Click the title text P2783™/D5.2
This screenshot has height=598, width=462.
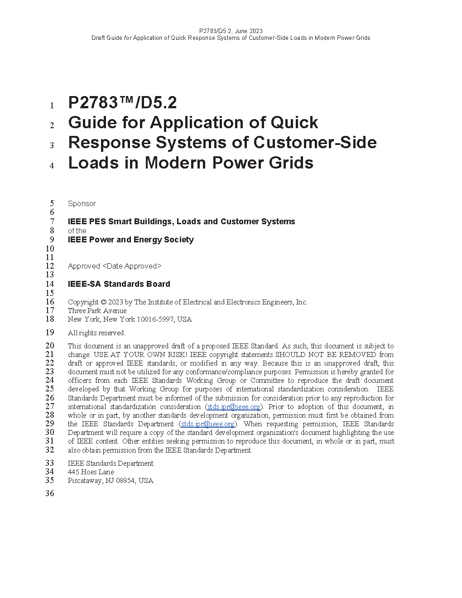point(122,103)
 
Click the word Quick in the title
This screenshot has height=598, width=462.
point(294,123)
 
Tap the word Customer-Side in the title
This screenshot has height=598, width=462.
point(315,143)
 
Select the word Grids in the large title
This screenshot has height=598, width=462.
point(292,163)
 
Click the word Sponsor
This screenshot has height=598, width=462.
point(82,204)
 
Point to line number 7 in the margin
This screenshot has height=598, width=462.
point(52,222)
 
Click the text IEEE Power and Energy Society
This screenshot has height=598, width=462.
point(130,240)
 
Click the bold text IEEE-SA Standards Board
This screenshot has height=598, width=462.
point(119,284)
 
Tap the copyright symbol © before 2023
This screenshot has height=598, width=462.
point(103,302)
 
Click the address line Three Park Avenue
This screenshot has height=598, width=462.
point(97,311)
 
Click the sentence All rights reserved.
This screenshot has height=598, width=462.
point(96,333)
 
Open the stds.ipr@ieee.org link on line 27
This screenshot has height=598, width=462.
point(234,407)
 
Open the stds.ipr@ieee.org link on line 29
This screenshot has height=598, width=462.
point(208,424)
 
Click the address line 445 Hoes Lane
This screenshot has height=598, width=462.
point(91,472)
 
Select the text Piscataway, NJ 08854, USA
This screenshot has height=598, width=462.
point(111,481)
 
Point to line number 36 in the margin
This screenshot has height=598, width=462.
point(49,494)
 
